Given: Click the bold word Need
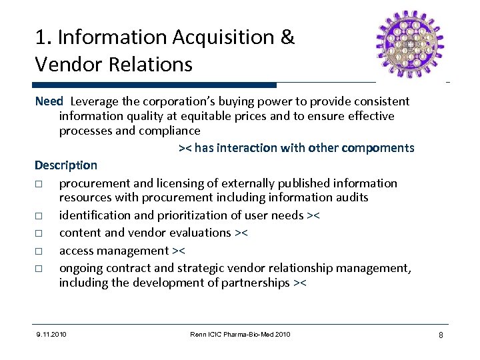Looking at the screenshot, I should tap(49, 101).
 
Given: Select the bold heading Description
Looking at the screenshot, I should tap(66, 165).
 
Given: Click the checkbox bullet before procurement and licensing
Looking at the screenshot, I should tap(40, 183).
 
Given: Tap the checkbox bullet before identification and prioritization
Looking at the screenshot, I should tap(40, 215).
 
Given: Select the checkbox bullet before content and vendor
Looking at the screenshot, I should tap(40, 233).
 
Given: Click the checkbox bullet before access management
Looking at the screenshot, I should tap(40, 251).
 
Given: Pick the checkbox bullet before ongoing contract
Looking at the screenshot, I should tap(40, 269).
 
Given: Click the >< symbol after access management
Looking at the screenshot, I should tap(178, 251).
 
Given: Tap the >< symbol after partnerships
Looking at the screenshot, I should tap(300, 283).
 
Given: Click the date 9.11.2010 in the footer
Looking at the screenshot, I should tap(53, 334).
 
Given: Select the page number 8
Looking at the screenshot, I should tap(441, 334).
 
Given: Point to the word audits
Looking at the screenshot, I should tap(351, 197).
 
